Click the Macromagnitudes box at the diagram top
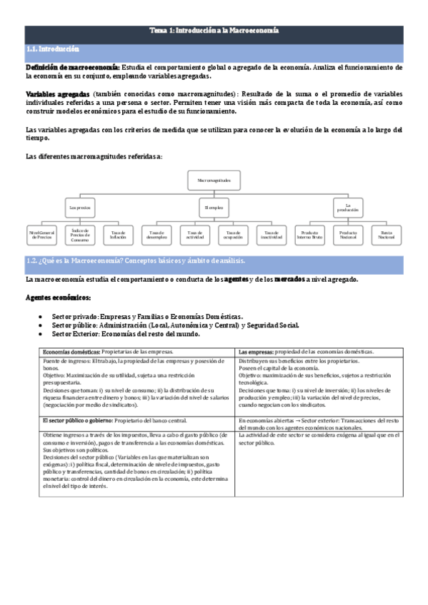[x=214, y=181]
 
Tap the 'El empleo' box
[x=214, y=208]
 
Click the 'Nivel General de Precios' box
[x=42, y=234]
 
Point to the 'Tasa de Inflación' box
[x=118, y=234]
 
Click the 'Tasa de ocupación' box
[x=233, y=234]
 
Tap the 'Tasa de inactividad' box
[x=271, y=234]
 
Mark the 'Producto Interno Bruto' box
[x=310, y=234]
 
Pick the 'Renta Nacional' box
[x=387, y=234]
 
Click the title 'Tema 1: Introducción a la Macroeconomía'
[x=214, y=31]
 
